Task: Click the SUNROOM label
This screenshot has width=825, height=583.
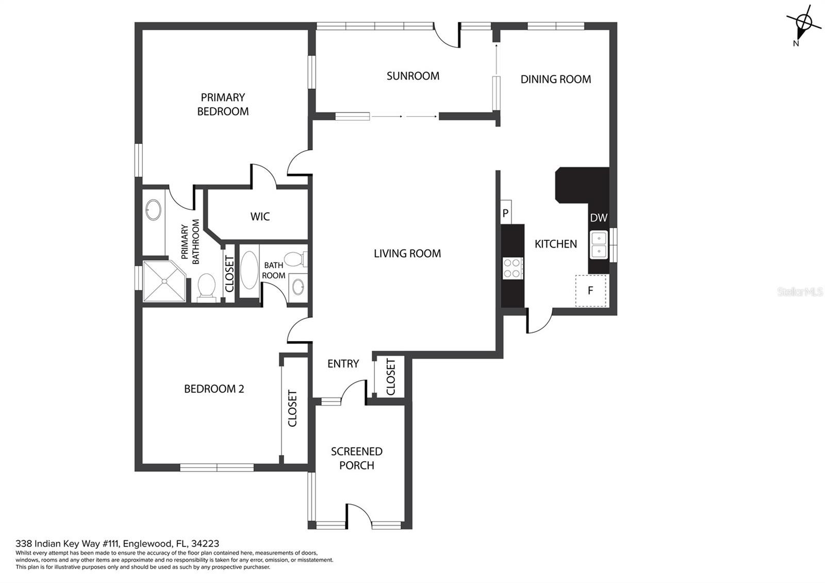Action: (x=413, y=76)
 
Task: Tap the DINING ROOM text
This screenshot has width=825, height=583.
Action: (x=555, y=79)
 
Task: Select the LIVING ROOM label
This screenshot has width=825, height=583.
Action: (x=407, y=253)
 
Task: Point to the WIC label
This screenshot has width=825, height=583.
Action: (x=260, y=216)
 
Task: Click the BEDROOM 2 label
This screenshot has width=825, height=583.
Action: (x=214, y=389)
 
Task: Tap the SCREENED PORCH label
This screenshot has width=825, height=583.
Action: (x=356, y=458)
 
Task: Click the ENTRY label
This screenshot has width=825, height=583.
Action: (x=343, y=364)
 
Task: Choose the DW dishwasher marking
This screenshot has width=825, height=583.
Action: (x=599, y=218)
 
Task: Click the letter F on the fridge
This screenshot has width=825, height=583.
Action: (x=590, y=291)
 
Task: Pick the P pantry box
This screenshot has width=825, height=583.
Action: (x=506, y=212)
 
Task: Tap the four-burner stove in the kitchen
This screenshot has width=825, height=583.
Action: (x=513, y=268)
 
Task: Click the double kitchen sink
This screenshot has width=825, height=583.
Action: (x=599, y=245)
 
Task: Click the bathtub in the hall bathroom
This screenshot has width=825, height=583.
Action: (x=250, y=270)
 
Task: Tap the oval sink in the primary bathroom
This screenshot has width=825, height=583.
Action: (x=153, y=209)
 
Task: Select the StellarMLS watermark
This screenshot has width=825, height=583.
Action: (x=800, y=292)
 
